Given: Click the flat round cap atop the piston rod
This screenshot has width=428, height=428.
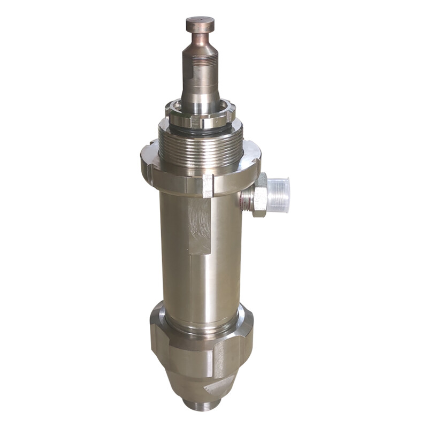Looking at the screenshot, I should tap(200, 25).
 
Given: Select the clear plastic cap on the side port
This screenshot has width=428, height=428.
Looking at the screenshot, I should tap(279, 195).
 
